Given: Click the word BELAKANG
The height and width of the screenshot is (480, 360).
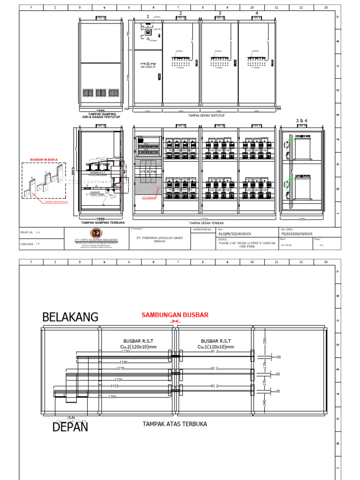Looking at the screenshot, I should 70,317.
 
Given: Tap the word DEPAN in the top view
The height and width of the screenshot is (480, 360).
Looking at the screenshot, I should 70,427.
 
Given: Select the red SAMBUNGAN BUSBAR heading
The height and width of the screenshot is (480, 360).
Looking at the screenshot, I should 175,315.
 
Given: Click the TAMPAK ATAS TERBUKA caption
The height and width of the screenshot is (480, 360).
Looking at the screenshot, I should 175,424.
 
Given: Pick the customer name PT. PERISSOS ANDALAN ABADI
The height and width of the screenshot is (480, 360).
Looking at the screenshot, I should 160,238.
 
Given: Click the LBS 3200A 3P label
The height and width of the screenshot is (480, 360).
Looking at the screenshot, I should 148,67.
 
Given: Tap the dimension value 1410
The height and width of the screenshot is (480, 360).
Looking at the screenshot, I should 114,386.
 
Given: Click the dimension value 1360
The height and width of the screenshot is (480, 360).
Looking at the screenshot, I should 111,397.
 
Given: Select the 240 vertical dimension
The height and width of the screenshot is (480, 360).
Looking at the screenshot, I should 264,402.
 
